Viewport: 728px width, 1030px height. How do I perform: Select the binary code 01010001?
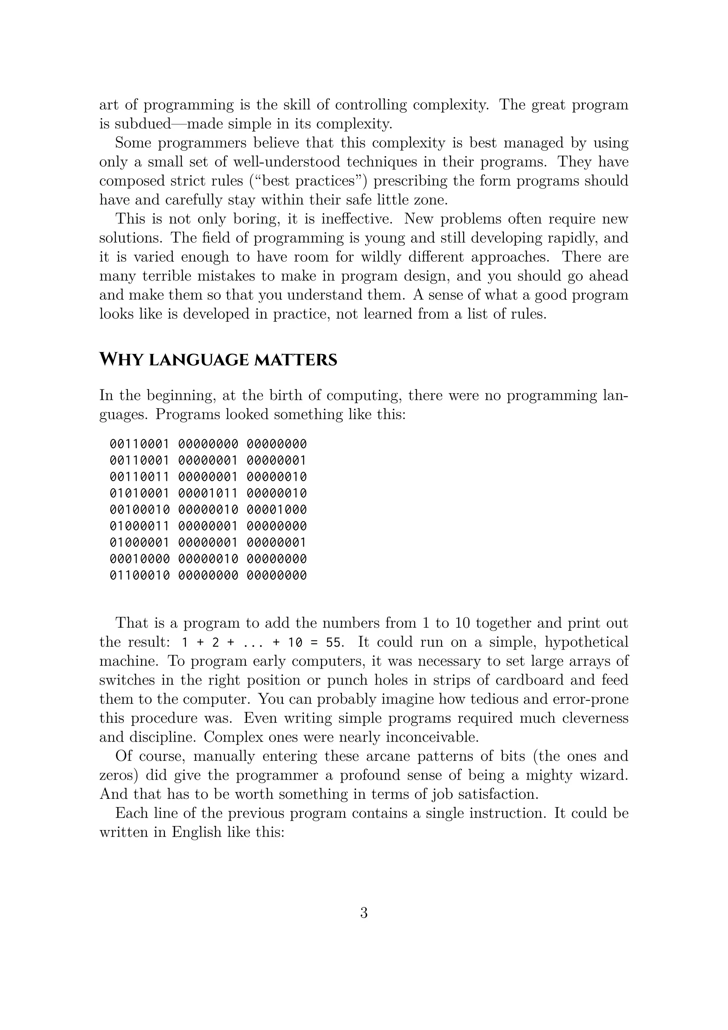139,493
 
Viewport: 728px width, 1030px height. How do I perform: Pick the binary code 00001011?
208,493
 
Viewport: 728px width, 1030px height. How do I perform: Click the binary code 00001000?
277,510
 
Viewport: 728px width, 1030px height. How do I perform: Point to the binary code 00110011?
139,477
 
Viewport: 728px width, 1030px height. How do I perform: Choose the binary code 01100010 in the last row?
139,575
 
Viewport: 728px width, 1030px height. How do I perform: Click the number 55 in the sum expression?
334,643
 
